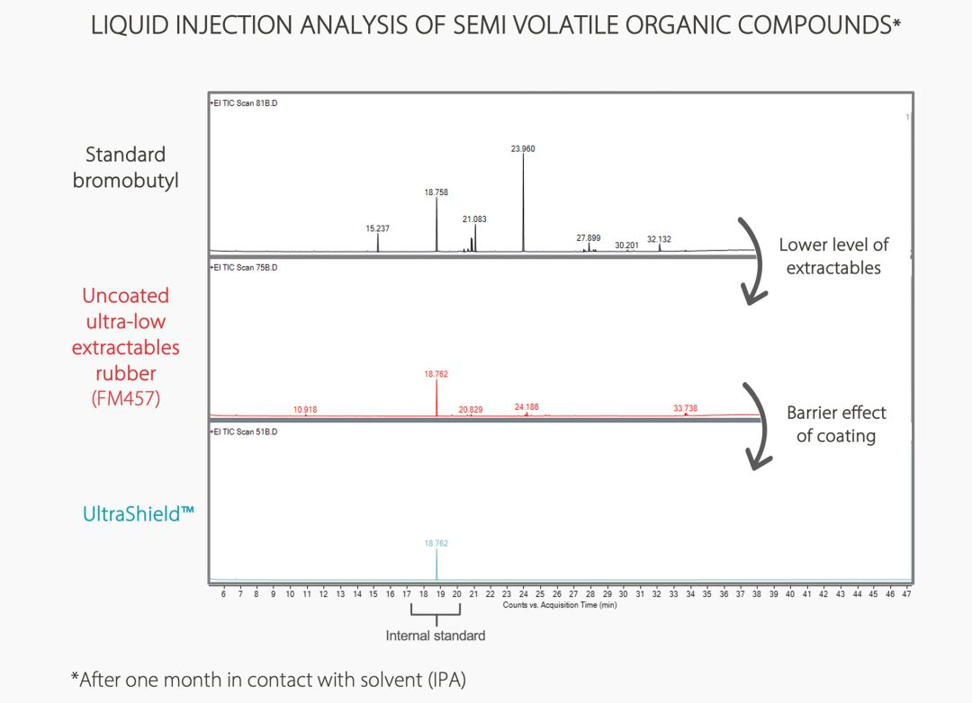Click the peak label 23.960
(523, 148)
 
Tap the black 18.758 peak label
(436, 192)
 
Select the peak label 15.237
(378, 229)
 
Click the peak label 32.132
(659, 240)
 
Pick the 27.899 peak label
(589, 238)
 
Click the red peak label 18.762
(436, 373)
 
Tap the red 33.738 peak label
(685, 408)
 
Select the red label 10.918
(305, 410)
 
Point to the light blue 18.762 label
(436, 543)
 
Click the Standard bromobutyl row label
(126, 167)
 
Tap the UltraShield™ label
(139, 515)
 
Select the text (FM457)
(126, 398)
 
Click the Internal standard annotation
(436, 636)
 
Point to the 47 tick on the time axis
(906, 594)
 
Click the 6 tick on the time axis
(223, 594)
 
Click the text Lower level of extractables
(833, 256)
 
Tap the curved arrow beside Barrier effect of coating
(758, 426)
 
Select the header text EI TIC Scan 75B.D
(245, 267)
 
